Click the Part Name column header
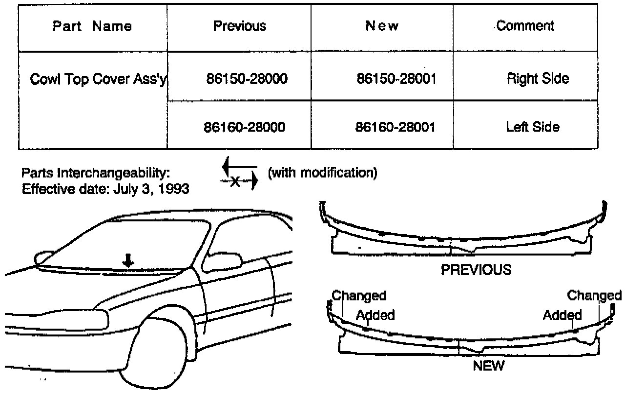click(x=92, y=26)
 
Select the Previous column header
click(x=239, y=26)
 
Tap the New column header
click(x=382, y=26)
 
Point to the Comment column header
click(x=525, y=26)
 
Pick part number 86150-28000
click(x=247, y=79)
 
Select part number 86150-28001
click(x=396, y=79)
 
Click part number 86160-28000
click(x=244, y=127)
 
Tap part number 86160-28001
click(x=395, y=127)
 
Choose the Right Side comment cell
click(x=538, y=79)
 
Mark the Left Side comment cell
click(x=532, y=127)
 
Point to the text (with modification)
click(x=323, y=173)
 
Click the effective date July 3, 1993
click(x=151, y=189)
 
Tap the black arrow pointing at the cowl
click(x=128, y=261)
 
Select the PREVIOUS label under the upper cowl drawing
click(x=476, y=270)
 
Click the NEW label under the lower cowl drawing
click(x=489, y=366)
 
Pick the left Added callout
click(x=375, y=315)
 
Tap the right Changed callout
click(x=594, y=295)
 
